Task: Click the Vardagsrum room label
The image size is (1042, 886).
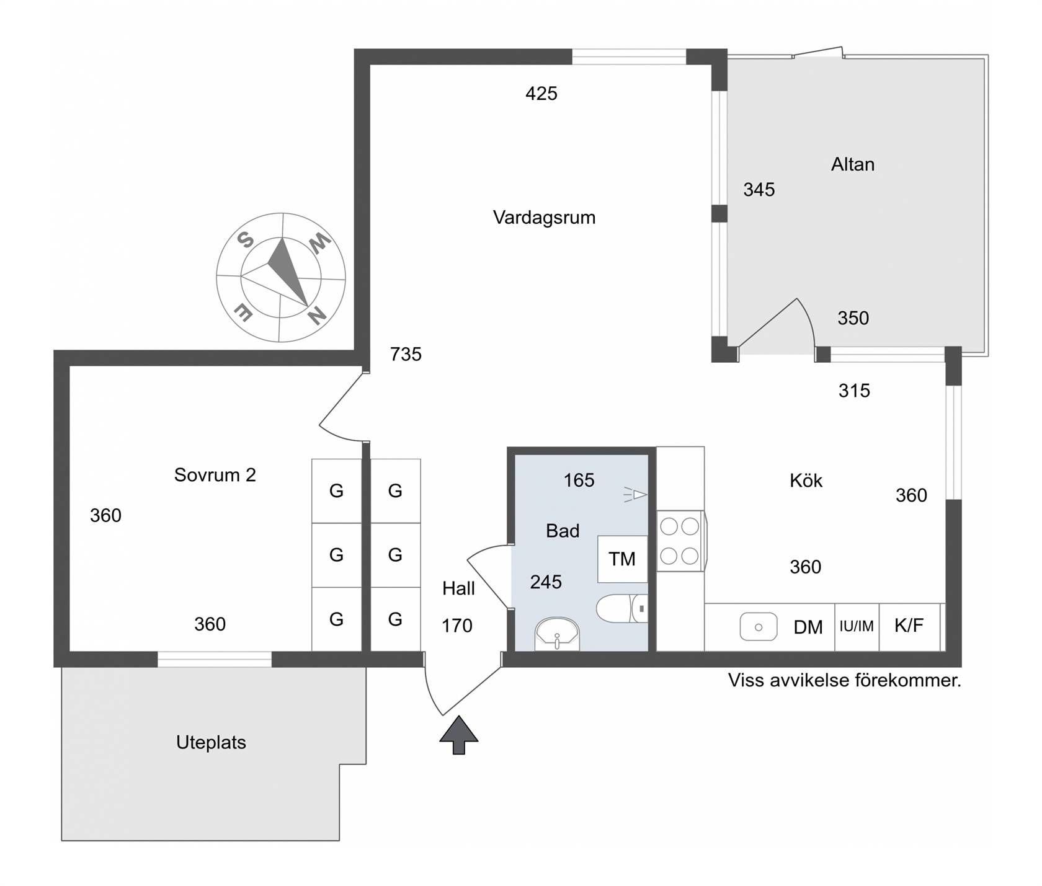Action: click(x=544, y=218)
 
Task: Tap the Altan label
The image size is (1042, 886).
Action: click(x=853, y=164)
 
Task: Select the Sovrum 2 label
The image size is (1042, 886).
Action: click(x=215, y=475)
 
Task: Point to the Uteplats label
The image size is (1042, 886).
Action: click(x=211, y=743)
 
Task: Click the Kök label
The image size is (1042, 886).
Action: click(x=806, y=481)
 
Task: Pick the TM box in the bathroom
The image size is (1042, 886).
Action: click(x=622, y=559)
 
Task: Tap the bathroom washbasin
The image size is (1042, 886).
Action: click(x=557, y=634)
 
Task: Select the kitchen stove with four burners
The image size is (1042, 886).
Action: click(x=680, y=541)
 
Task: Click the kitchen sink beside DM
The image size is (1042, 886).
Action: click(x=759, y=627)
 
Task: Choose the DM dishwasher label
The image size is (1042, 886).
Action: click(x=808, y=627)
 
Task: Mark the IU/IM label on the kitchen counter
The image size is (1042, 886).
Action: click(x=857, y=627)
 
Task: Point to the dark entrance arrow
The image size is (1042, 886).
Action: click(x=459, y=735)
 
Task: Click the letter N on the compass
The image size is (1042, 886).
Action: click(x=317, y=317)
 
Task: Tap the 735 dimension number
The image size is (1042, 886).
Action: click(x=406, y=355)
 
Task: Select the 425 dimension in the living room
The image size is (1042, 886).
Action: click(x=541, y=94)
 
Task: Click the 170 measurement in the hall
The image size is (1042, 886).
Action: click(x=457, y=626)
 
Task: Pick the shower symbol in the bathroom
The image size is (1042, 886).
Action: click(x=635, y=495)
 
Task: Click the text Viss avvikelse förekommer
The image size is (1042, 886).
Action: click(x=845, y=681)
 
